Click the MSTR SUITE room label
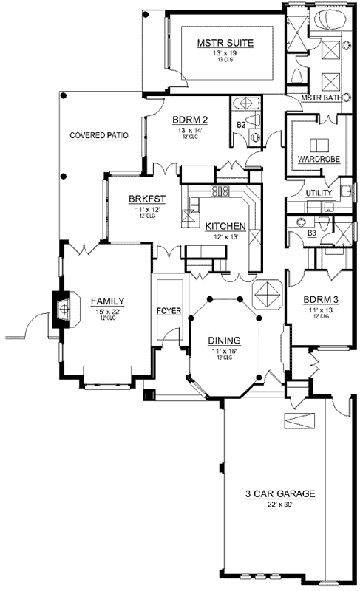(225, 44)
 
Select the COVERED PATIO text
(99, 136)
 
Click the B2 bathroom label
(240, 126)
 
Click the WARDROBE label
(318, 160)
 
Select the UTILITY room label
(319, 193)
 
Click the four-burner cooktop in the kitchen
(220, 192)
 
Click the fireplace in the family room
(61, 306)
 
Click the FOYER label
(169, 311)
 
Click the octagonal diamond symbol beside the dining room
(267, 295)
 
